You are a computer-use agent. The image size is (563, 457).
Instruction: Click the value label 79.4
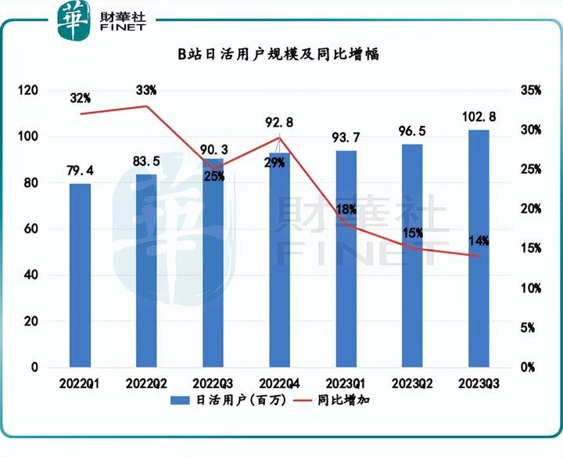pyautogui.click(x=80, y=171)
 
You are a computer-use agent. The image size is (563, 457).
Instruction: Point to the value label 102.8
pyautogui.click(x=479, y=117)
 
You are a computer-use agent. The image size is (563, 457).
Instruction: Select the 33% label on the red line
pyautogui.click(x=146, y=91)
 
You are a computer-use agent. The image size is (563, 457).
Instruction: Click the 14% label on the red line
pyautogui.click(x=479, y=240)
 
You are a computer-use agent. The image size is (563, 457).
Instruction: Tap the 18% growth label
pyautogui.click(x=346, y=209)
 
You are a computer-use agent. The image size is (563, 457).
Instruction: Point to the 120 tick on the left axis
pyautogui.click(x=29, y=91)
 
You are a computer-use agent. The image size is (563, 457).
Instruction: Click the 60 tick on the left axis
pyautogui.click(x=32, y=229)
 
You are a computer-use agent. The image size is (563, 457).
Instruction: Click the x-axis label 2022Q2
pyautogui.click(x=146, y=383)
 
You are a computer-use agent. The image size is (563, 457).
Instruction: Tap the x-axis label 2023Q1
pyautogui.click(x=346, y=383)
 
